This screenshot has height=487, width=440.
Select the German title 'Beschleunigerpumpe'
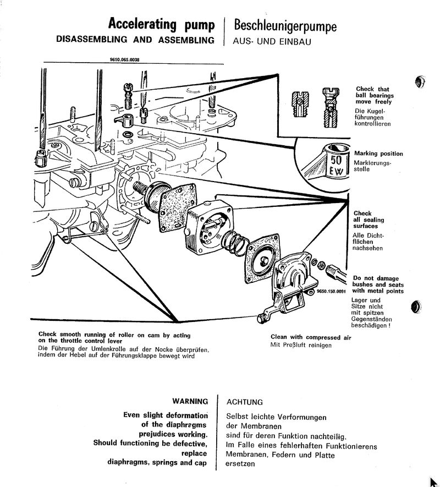pyautogui.click(x=285, y=25)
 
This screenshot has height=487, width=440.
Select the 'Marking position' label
pyautogui.click(x=378, y=154)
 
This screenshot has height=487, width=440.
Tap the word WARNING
pyautogui.click(x=190, y=402)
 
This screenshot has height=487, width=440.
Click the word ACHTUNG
pyautogui.click(x=245, y=402)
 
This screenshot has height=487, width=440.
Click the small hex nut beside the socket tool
pyautogui.click(x=319, y=266)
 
